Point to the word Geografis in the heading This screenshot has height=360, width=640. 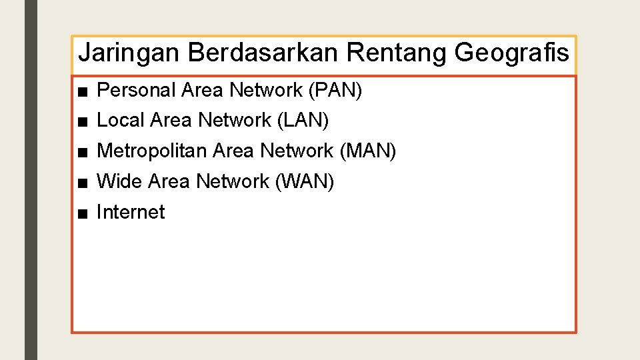512,53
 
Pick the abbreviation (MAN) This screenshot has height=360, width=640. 368,151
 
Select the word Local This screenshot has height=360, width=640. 121,121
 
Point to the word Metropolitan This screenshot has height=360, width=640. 152,151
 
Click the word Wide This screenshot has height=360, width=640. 120,181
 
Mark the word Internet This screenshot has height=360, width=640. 131,212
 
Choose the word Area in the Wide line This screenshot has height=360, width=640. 169,181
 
